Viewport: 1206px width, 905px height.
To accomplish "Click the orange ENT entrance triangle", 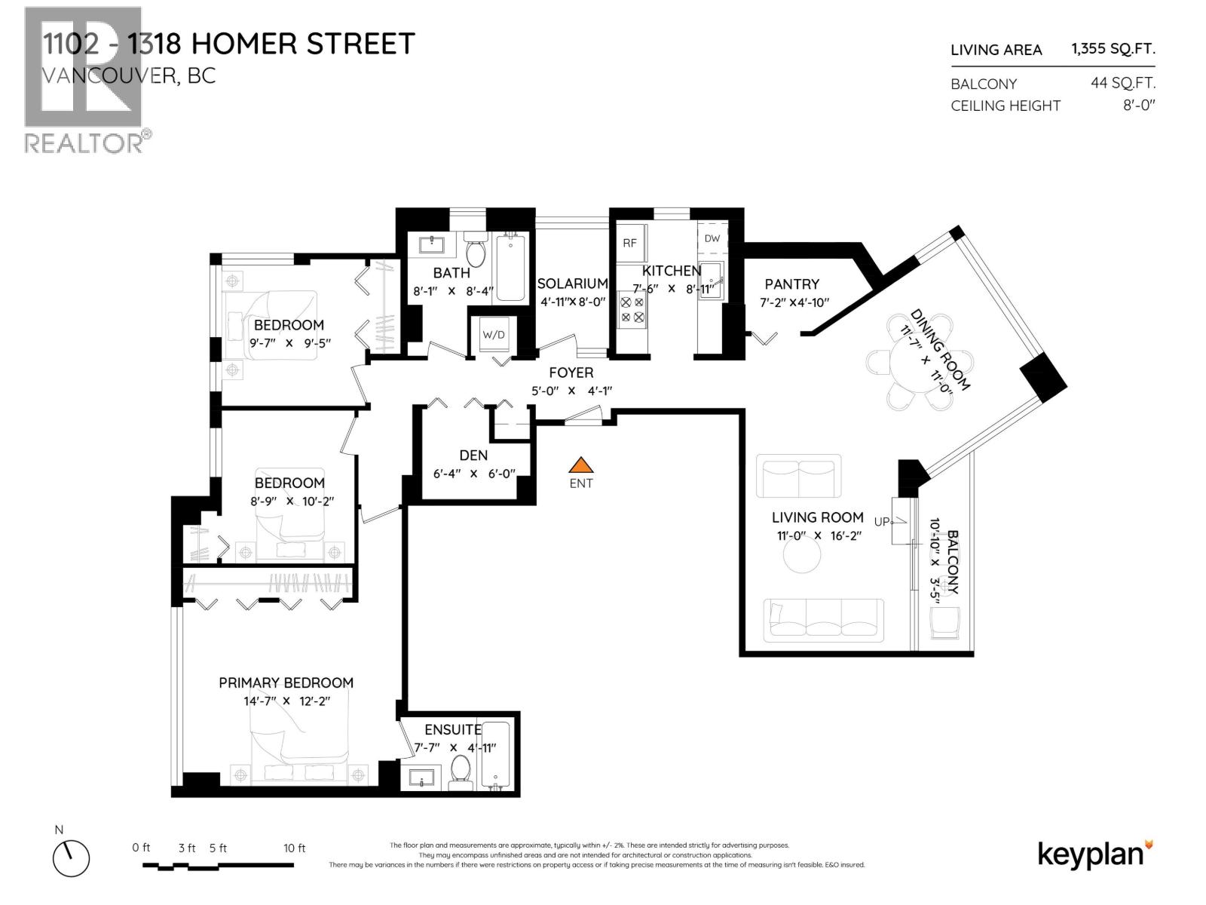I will [580, 466].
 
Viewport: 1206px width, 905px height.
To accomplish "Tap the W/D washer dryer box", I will [494, 334].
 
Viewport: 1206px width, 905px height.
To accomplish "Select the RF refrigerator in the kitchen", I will [630, 243].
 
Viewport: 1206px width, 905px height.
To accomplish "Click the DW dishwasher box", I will [712, 238].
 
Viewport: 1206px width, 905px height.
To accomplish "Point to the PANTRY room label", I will [791, 284].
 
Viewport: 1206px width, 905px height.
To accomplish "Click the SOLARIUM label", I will [572, 284].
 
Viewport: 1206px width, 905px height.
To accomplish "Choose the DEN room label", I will [473, 456].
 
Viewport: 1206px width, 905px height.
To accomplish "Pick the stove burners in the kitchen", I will [632, 310].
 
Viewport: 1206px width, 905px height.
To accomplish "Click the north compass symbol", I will [71, 858].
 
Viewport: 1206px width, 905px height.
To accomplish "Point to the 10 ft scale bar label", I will [294, 848].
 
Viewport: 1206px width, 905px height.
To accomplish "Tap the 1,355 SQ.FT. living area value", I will [1113, 49].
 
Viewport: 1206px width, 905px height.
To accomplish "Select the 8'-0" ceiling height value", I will [1138, 106].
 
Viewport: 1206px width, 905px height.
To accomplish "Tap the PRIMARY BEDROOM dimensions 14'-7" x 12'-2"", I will [286, 701].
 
